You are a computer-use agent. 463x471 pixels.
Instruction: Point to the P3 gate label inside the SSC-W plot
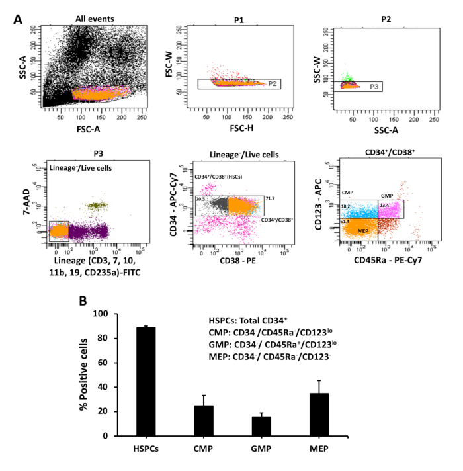point(374,86)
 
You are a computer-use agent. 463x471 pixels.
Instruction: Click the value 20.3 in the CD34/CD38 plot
point(200,199)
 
